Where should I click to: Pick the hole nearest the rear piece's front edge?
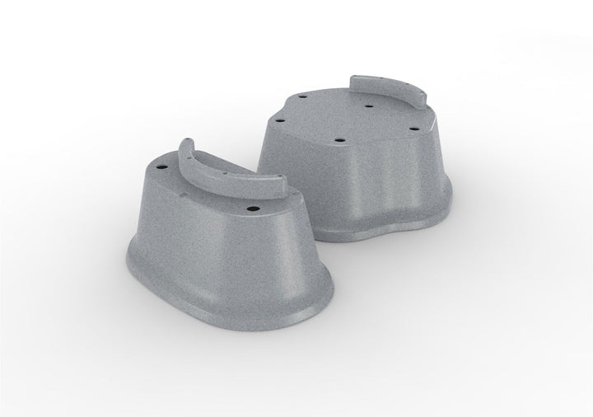[x=339, y=142]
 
